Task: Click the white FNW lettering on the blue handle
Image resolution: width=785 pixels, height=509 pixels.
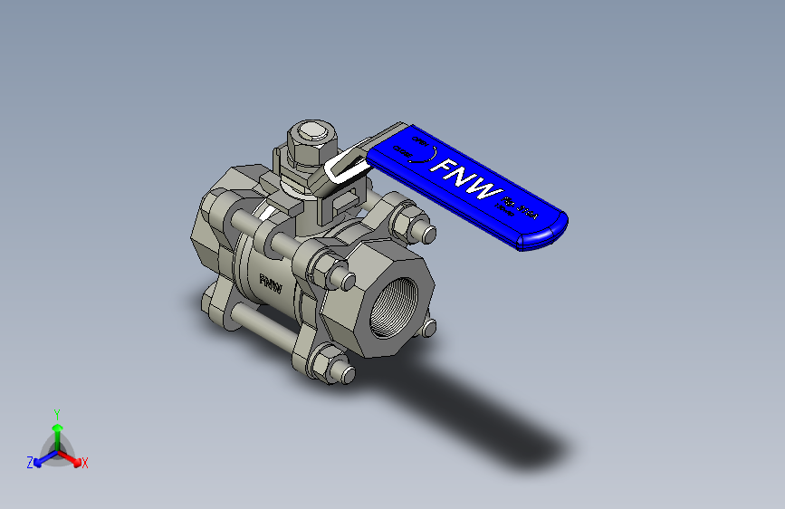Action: tap(466, 180)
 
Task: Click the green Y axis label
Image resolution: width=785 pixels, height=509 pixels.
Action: tap(57, 413)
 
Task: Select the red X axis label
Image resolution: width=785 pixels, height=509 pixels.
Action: tap(85, 464)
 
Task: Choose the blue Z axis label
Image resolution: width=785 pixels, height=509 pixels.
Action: tap(30, 463)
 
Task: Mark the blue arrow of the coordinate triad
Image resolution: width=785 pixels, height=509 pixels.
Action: tap(42, 458)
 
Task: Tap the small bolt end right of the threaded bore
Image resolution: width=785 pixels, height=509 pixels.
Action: tap(428, 327)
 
